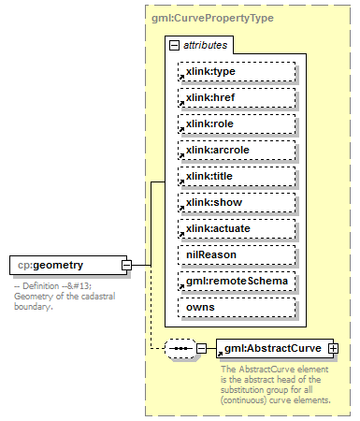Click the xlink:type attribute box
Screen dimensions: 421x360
[237, 71]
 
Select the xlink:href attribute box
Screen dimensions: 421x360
[237, 97]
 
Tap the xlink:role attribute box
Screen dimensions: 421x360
[237, 123]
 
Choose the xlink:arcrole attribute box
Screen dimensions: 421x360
[237, 150]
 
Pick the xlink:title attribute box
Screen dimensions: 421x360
[237, 176]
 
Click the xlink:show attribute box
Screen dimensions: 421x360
[237, 202]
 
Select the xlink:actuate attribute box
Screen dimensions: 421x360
[237, 228]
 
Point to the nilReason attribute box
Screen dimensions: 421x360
[237, 254]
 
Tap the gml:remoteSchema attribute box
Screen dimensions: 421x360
[237, 280]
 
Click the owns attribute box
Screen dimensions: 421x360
[237, 306]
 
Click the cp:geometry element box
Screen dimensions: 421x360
[64, 266]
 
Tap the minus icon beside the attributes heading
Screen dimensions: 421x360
[174, 45]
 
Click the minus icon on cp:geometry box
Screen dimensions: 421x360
[126, 266]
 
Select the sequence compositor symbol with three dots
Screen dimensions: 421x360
[180, 349]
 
